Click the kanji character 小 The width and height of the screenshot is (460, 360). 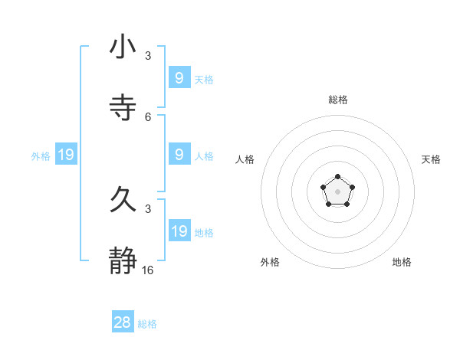click(123, 47)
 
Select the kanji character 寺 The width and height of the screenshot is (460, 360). click(123, 106)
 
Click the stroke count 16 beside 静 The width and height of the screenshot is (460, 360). click(148, 270)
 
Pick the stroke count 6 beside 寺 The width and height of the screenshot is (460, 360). click(148, 116)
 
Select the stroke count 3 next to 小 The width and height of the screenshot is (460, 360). click(148, 56)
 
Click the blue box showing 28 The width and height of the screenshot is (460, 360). click(123, 322)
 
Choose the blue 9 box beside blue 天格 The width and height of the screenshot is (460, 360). click(179, 78)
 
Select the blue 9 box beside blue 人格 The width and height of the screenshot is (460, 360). click(179, 155)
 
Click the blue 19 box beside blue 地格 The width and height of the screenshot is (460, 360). click(179, 231)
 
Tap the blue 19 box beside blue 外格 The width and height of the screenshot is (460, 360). click(66, 155)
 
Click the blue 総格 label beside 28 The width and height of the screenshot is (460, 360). click(147, 324)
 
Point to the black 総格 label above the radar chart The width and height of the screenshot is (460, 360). click(338, 100)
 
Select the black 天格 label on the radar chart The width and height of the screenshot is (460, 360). click(432, 159)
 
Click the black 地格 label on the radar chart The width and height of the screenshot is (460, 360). click(402, 262)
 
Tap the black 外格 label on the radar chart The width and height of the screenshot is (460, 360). click(270, 262)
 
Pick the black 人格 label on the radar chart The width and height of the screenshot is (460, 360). click(245, 159)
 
